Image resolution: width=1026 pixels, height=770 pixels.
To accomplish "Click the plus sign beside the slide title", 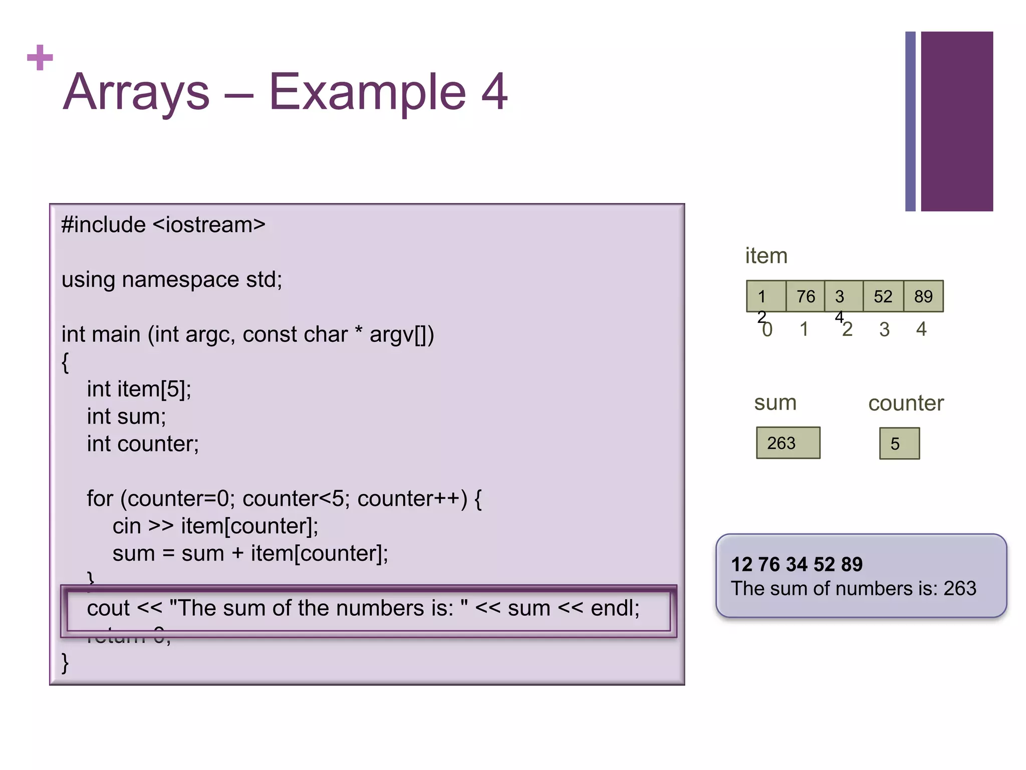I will coord(40,58).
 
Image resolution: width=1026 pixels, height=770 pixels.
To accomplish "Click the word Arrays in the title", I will coord(136,92).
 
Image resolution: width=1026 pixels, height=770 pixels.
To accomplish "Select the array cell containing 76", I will coord(806,296).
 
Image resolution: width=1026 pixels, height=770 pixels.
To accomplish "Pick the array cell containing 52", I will coord(883,296).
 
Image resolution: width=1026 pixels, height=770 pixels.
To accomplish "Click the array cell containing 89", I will coord(923,296).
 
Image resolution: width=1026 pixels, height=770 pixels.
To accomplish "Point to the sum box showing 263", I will coord(788,443).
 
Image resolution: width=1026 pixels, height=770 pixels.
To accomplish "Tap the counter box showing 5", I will coord(899,444).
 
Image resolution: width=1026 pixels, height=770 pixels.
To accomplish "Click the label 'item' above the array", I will coord(766,256).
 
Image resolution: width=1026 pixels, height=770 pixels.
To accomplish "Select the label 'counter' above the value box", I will coord(906,403).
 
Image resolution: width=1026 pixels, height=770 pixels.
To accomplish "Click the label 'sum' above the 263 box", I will coord(775,403).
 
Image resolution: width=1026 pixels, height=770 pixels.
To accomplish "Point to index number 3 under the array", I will coord(884,329).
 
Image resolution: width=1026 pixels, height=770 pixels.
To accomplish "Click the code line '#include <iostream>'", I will coord(163,225).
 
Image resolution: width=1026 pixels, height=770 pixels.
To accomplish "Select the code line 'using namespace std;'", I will coord(172,279).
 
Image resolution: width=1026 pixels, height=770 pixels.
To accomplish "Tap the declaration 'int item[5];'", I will coord(139,389).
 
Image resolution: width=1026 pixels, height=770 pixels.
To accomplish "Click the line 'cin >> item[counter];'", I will coord(215,526).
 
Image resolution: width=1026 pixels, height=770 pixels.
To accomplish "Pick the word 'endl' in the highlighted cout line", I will coord(614,608).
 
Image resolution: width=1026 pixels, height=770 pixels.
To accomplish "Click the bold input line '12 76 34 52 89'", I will coord(797,564).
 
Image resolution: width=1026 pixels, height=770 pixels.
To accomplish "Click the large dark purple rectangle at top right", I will coord(956,121).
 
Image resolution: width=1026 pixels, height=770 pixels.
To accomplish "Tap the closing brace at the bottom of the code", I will coord(65,663).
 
